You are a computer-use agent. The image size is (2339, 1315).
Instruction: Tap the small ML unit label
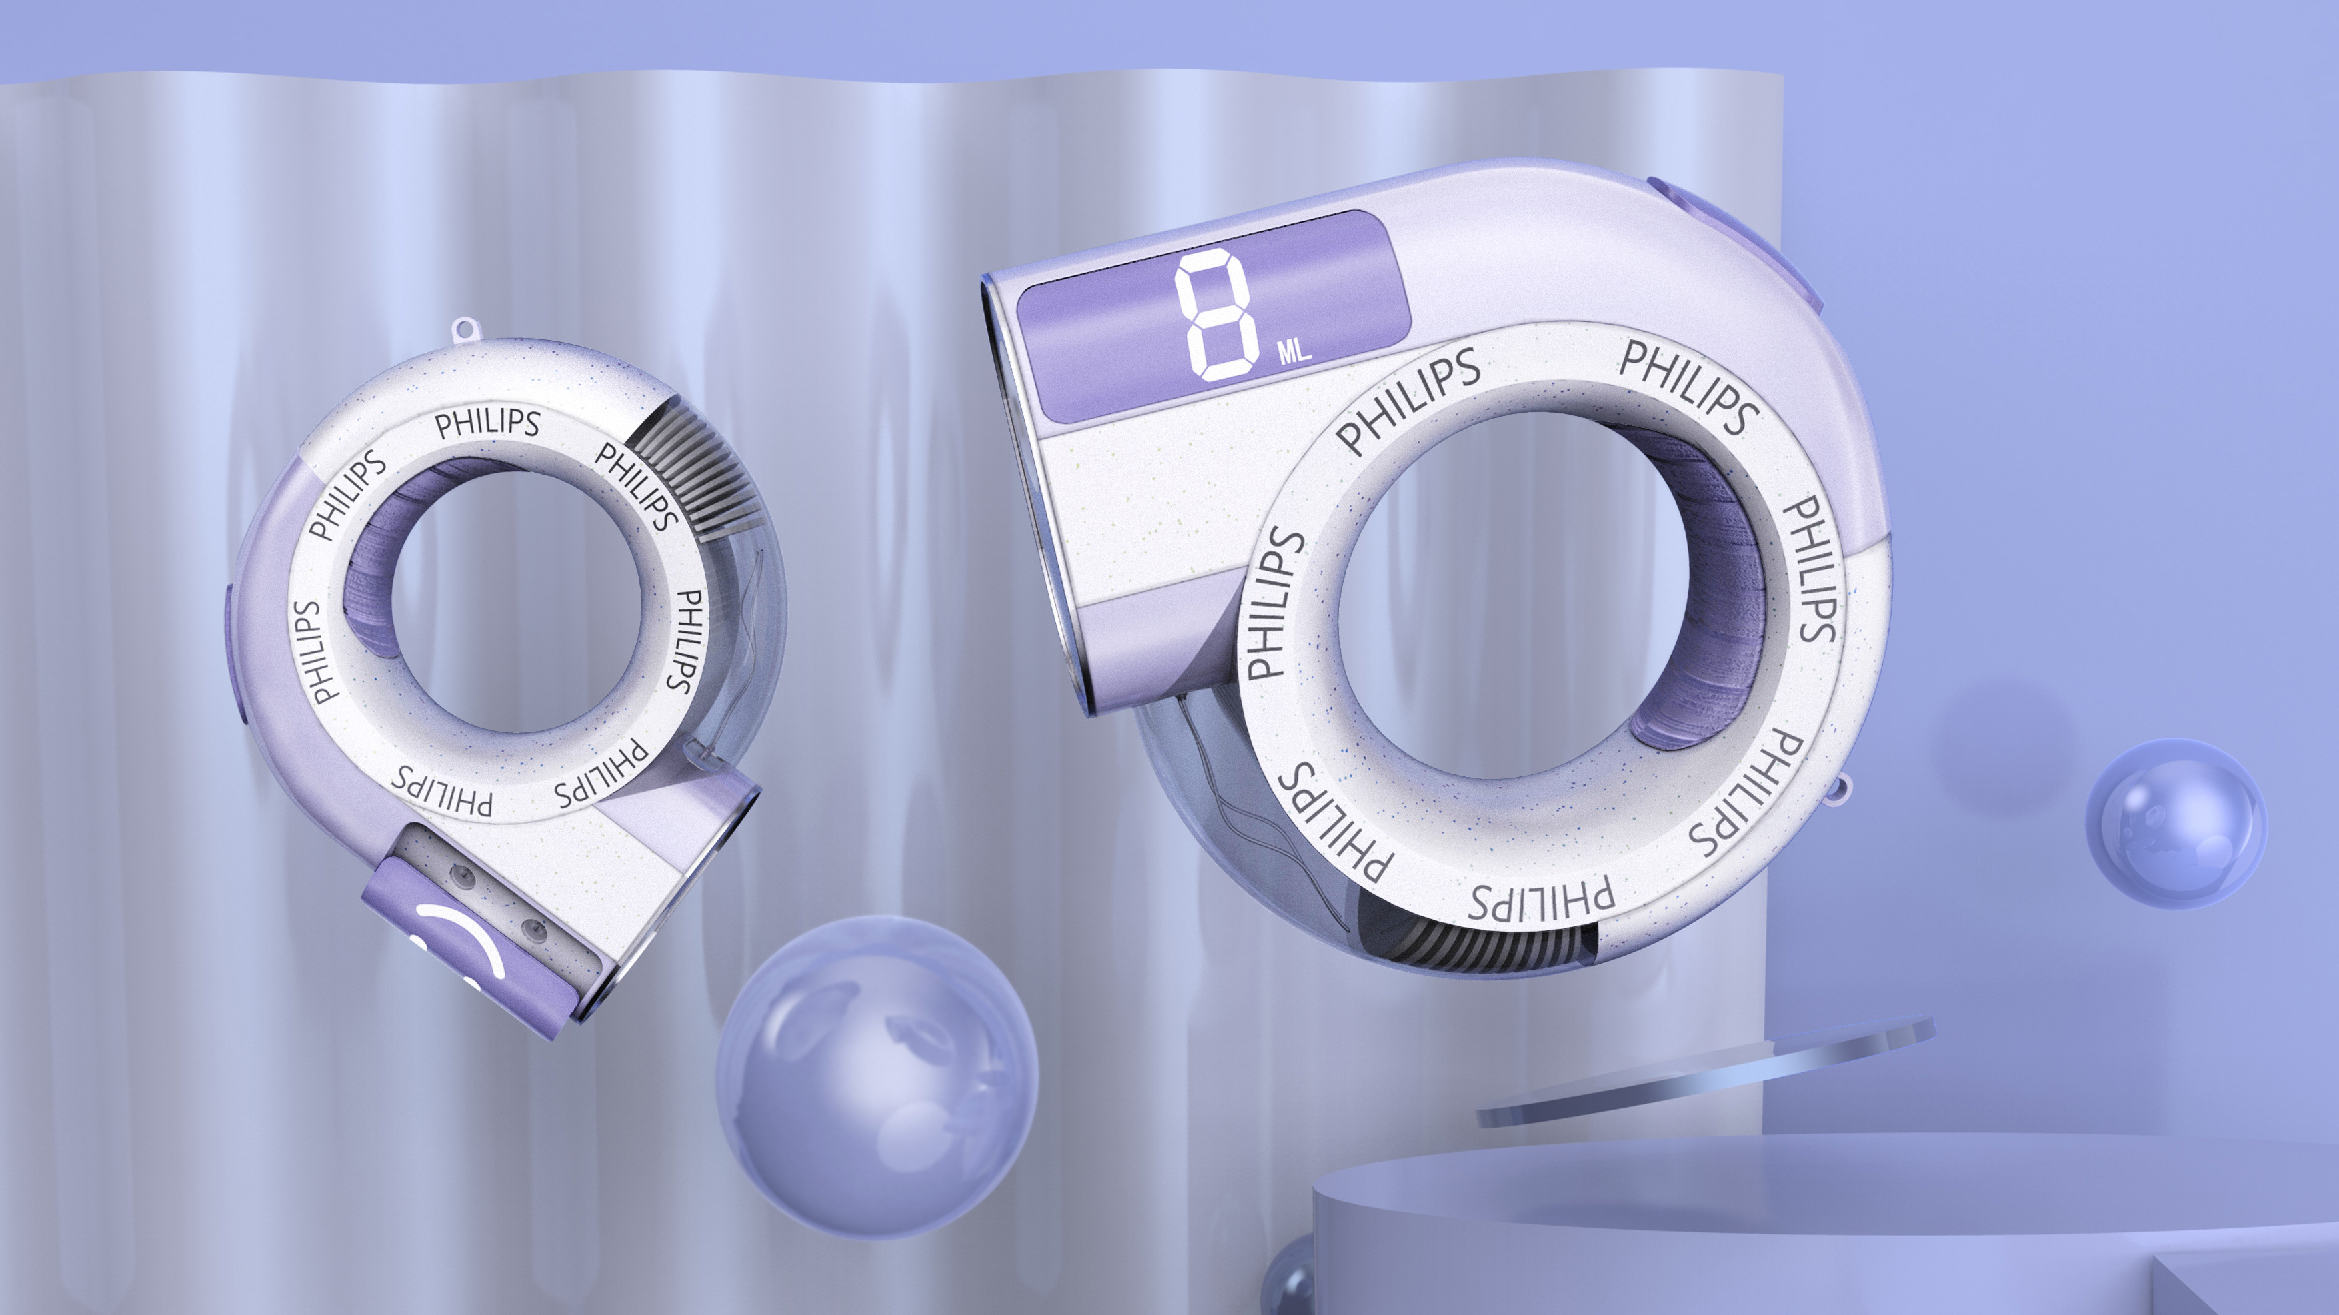coord(1295,352)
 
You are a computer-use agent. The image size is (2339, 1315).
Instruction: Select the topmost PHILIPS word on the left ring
coord(487,423)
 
